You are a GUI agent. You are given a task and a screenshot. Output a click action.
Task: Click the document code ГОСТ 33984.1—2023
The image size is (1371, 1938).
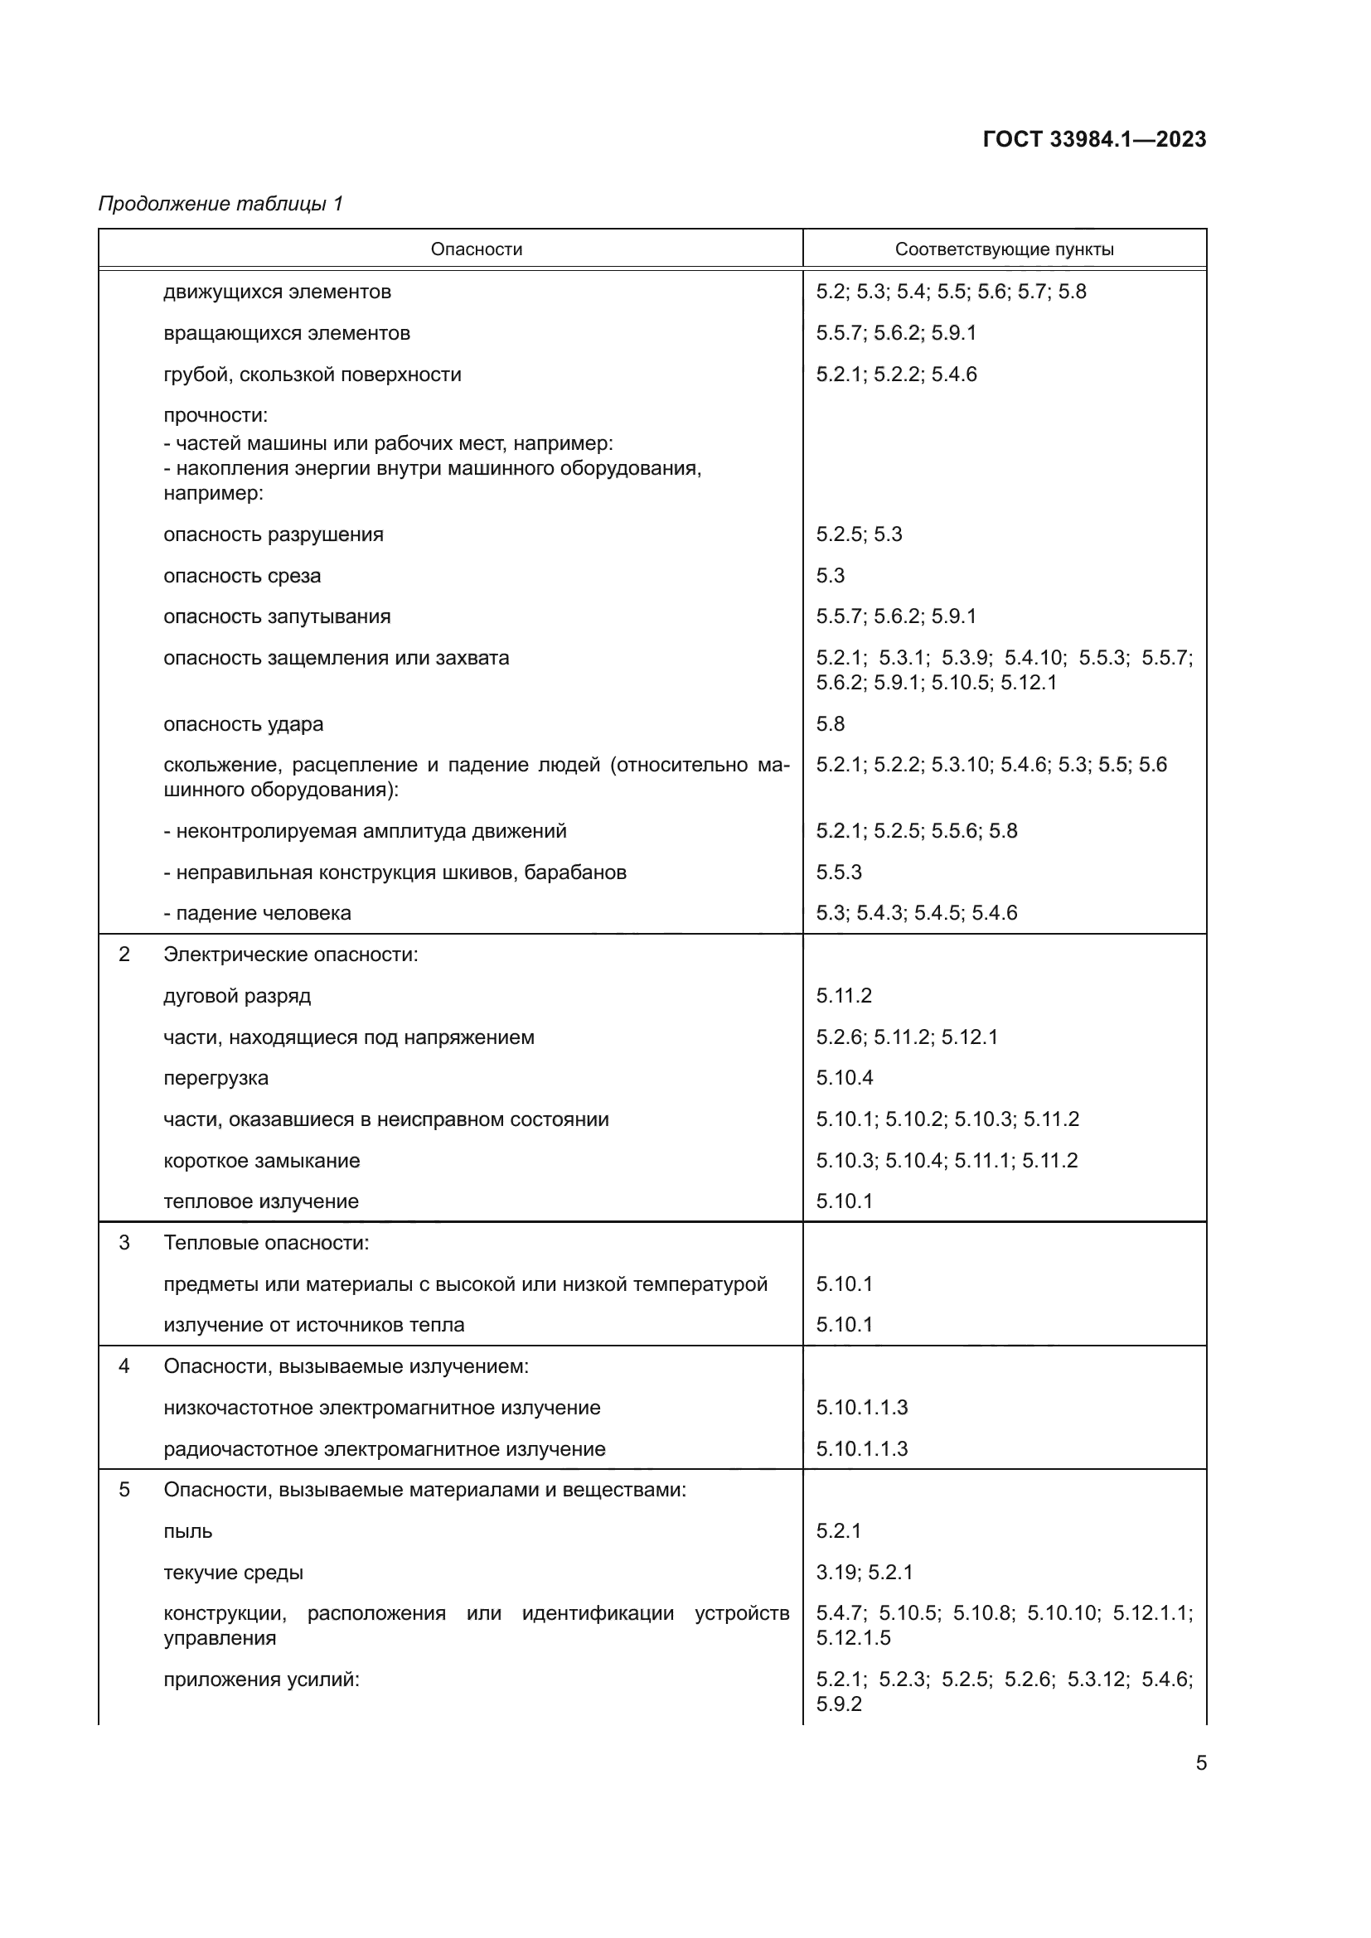[x=1094, y=139]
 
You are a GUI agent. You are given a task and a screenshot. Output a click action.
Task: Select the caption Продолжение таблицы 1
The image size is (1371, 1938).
[x=220, y=204]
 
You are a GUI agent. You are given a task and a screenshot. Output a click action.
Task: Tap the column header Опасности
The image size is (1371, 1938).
[x=476, y=249]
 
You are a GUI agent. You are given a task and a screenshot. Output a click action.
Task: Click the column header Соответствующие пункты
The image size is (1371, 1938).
[x=1004, y=249]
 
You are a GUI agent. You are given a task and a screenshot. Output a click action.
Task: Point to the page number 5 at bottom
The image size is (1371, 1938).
[x=1200, y=1762]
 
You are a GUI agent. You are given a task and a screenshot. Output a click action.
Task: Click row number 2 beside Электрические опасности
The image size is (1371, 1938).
[x=124, y=954]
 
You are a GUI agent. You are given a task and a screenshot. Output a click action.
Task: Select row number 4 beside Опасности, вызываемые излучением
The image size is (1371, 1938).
[x=124, y=1365]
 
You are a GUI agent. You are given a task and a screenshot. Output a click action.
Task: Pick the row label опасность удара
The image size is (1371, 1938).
[x=243, y=724]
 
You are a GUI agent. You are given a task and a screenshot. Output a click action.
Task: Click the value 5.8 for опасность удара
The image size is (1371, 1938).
[x=830, y=723]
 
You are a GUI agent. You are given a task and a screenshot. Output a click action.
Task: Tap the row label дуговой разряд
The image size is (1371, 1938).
[x=237, y=996]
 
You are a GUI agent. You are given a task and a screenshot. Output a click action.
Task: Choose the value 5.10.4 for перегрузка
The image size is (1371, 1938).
[x=844, y=1078]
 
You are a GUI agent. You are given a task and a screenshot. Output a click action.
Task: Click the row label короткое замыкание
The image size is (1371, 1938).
[x=262, y=1161]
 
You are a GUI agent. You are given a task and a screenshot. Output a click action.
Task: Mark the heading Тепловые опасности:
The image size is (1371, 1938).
[x=266, y=1243]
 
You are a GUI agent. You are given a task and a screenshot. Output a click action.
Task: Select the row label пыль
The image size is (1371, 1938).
[x=187, y=1531]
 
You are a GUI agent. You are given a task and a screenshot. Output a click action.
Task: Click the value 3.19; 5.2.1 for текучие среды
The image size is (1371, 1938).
[x=865, y=1572]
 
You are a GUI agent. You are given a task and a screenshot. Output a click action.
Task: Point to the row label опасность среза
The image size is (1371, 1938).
[x=242, y=576]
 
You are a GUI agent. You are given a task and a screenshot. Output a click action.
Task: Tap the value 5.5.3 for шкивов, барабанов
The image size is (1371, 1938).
[x=838, y=872]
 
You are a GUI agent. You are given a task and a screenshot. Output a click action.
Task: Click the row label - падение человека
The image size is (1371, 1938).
[x=257, y=913]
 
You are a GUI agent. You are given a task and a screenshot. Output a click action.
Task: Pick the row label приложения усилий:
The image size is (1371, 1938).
[x=261, y=1679]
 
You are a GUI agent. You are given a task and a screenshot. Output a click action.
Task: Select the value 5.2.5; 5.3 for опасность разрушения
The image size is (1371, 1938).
[x=859, y=534]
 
